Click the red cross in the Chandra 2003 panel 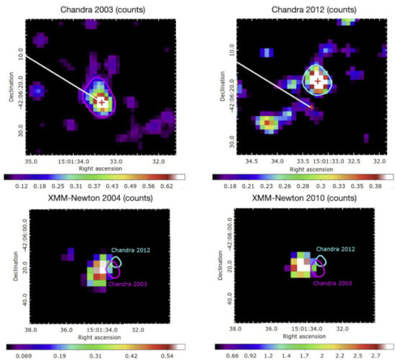(x=102, y=103)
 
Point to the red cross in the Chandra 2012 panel (x=317, y=81)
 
